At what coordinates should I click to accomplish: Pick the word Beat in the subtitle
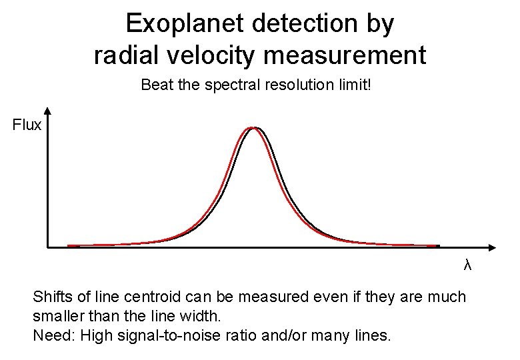(155, 85)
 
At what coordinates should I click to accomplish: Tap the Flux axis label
(27, 125)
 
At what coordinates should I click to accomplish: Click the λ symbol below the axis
(467, 265)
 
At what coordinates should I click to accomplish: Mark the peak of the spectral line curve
(253, 127)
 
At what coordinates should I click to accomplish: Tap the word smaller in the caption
(57, 315)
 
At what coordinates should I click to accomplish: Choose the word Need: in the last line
(53, 335)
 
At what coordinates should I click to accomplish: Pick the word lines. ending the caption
(373, 335)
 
